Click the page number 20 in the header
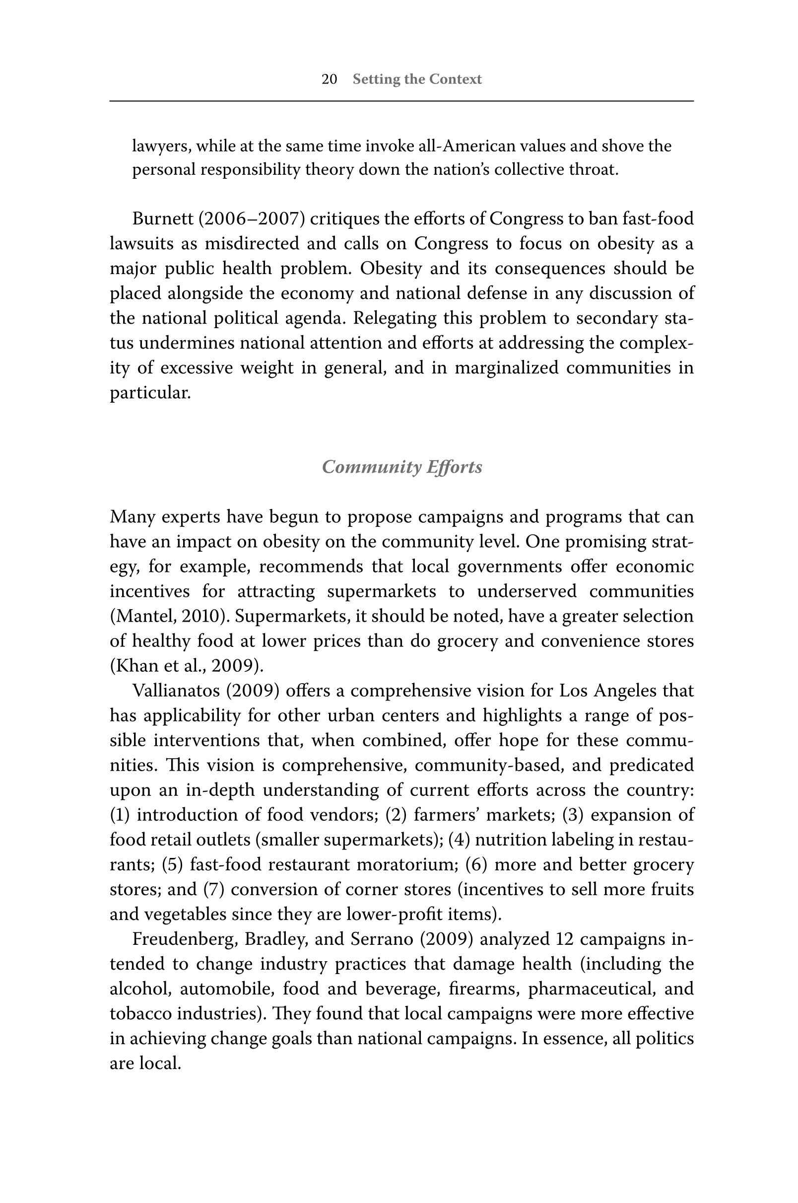point(330,79)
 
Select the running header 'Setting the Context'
point(417,79)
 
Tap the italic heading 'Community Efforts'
point(402,467)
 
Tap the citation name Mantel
point(143,617)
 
